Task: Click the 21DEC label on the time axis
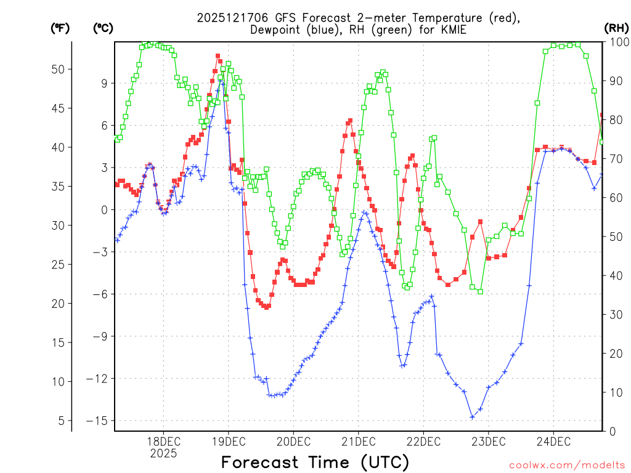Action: click(358, 442)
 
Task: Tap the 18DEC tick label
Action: click(163, 442)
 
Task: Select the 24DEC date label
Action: click(553, 442)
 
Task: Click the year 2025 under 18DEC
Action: click(163, 453)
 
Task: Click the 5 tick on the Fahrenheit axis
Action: click(60, 421)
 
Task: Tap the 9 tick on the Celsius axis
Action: click(104, 84)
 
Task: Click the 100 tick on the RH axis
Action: click(618, 42)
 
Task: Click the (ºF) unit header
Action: click(60, 28)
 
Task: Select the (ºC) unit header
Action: click(103, 28)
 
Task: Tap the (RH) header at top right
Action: click(617, 28)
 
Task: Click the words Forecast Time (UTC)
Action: click(315, 462)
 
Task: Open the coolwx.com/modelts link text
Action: click(566, 464)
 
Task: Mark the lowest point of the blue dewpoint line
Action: click(473, 417)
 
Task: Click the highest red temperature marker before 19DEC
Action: click(218, 56)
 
